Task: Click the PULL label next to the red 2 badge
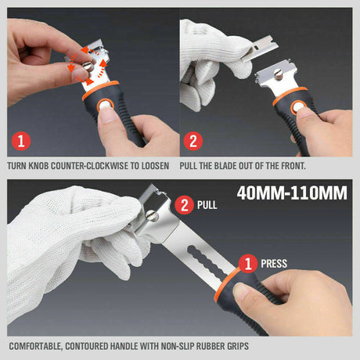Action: click(209, 207)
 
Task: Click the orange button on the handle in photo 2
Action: click(299, 108)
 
